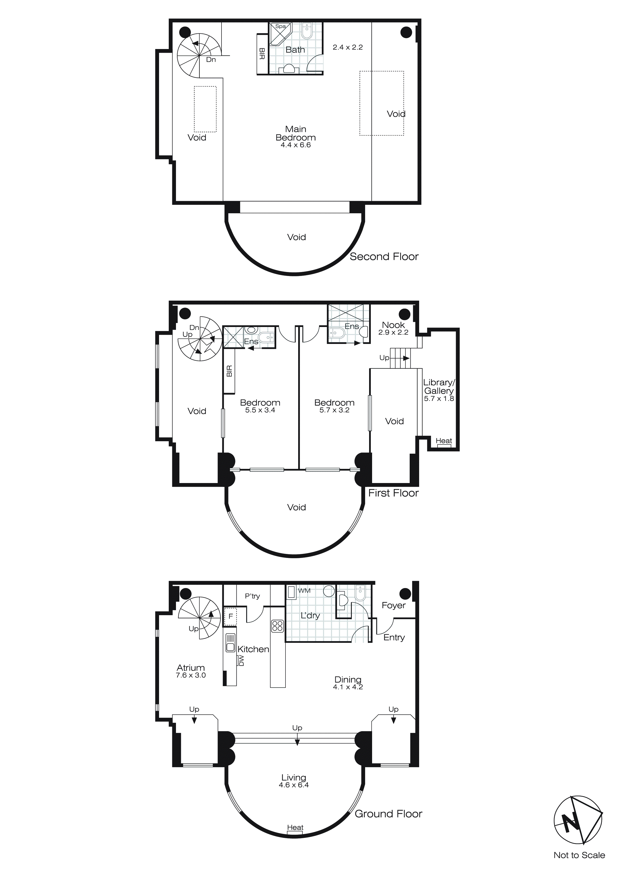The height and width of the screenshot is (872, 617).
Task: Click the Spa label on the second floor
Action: click(280, 26)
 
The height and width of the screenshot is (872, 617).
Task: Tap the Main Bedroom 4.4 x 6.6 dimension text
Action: click(296, 145)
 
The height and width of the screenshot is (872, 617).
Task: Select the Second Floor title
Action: click(384, 257)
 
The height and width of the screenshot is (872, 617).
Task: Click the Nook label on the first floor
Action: click(393, 325)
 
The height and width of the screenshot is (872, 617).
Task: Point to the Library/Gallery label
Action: click(439, 387)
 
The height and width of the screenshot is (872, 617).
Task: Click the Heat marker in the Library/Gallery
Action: click(444, 441)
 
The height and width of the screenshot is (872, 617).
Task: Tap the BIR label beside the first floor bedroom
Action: click(229, 371)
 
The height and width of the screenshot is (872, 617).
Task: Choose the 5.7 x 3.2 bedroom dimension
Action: click(334, 410)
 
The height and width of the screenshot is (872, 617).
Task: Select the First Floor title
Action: click(393, 493)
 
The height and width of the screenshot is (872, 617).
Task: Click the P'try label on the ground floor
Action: click(252, 596)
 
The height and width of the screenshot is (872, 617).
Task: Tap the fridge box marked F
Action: click(230, 616)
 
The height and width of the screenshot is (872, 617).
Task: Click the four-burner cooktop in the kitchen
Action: click(277, 626)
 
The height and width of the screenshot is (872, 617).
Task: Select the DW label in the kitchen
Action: click(241, 661)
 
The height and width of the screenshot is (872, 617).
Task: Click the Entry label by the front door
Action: click(394, 638)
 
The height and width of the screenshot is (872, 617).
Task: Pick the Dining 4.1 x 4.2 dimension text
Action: click(348, 687)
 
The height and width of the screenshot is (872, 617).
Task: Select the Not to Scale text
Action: click(579, 855)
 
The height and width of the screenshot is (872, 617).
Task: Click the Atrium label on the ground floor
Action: click(191, 668)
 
